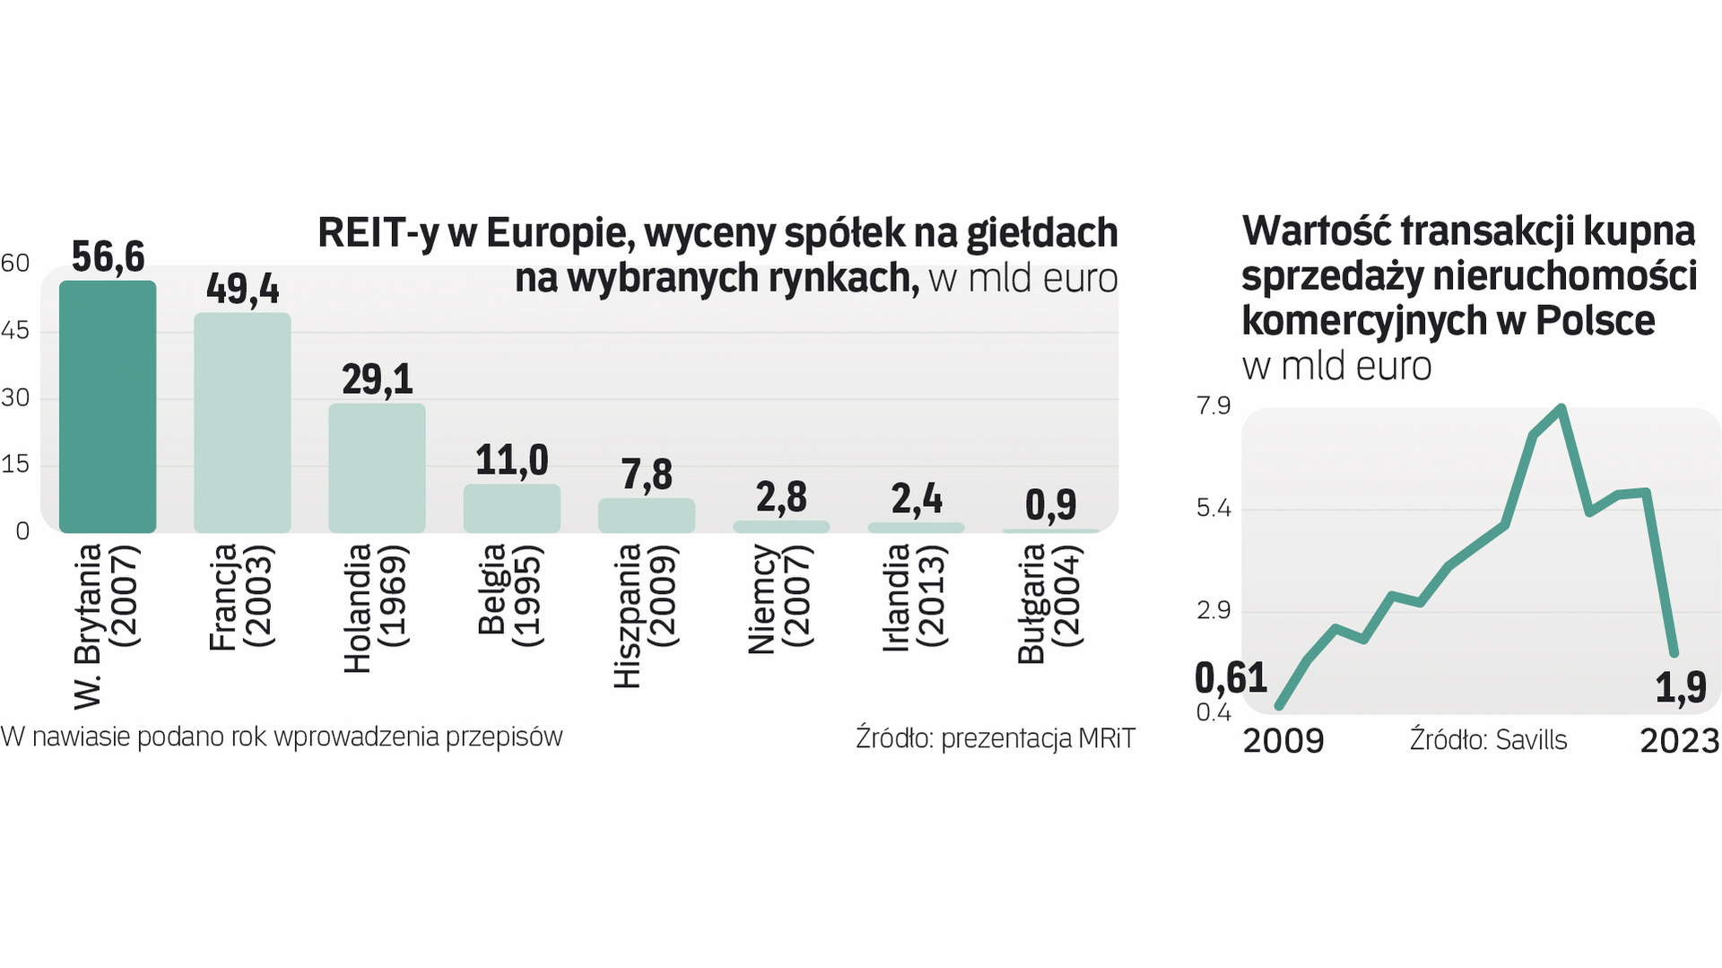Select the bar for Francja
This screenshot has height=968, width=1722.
(x=242, y=423)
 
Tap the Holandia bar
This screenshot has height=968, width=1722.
(x=377, y=467)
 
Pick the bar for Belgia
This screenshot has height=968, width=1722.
(x=511, y=508)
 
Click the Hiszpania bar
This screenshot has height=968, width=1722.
(x=646, y=515)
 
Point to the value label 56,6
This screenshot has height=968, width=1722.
(x=108, y=257)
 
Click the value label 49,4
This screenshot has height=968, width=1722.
(x=242, y=289)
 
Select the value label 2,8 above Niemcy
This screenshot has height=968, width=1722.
(x=781, y=497)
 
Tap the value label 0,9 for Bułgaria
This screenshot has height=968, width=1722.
(x=1050, y=505)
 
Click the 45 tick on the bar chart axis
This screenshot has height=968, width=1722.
(x=15, y=331)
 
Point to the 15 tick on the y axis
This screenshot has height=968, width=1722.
(x=15, y=465)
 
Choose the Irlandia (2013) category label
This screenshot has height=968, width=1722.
(x=915, y=596)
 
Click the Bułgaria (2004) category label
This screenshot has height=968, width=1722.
(x=1049, y=603)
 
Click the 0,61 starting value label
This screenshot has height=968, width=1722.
(x=1231, y=678)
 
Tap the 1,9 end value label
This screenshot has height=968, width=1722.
(x=1680, y=688)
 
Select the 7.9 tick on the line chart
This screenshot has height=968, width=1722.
(x=1213, y=406)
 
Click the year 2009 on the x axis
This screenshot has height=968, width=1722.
(x=1283, y=741)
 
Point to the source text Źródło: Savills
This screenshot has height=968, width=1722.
(x=1488, y=740)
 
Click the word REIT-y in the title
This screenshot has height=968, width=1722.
(x=378, y=233)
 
